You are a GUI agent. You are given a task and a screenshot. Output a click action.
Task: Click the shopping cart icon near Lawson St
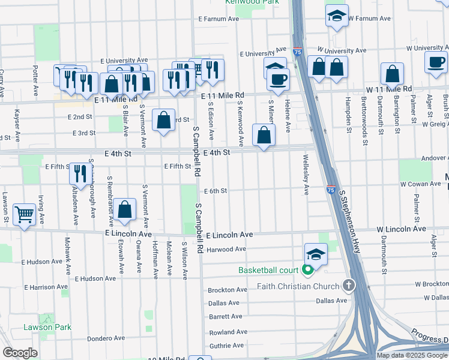pyautogui.click(x=24, y=214)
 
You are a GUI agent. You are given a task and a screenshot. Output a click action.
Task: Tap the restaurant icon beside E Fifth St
pyautogui.click(x=79, y=173)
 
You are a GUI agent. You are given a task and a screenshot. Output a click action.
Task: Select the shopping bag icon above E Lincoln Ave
pyautogui.click(x=125, y=209)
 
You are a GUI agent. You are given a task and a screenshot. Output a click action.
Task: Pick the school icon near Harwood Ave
pyautogui.click(x=316, y=254)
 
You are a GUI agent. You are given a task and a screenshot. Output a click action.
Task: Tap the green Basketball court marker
pyautogui.click(x=308, y=270)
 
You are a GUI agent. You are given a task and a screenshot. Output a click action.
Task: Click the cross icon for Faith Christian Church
pyautogui.click(x=348, y=285)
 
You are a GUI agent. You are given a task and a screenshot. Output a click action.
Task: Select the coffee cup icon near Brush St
pyautogui.click(x=436, y=62)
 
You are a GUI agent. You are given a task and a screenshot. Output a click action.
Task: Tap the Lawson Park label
pyautogui.click(x=47, y=327)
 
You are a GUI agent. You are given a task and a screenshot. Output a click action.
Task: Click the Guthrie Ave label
pyautogui.click(x=226, y=346)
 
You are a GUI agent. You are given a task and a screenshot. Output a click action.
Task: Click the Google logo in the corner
pyautogui.click(x=20, y=352)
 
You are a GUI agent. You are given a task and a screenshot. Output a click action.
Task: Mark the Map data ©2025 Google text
pyautogui.click(x=411, y=355)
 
